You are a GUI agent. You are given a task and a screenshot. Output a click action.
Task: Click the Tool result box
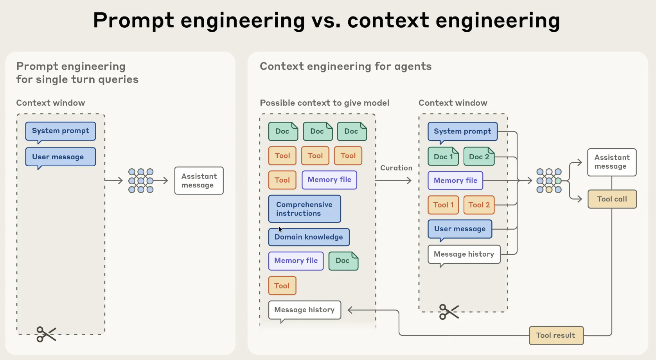tap(556, 335)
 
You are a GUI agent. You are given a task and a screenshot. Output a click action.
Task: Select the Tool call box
tap(612, 199)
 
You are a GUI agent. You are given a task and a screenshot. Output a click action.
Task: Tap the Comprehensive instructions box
tap(304, 209)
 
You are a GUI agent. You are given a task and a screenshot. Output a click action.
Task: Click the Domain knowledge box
tap(309, 237)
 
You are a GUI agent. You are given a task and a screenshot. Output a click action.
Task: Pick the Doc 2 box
tap(479, 157)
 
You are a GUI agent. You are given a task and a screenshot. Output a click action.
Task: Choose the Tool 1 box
tap(443, 205)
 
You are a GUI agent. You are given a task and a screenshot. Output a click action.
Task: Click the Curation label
tap(396, 168)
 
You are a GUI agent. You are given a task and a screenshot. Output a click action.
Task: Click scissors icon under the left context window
tap(46, 334)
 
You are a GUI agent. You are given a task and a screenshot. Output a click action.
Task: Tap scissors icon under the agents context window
tap(448, 312)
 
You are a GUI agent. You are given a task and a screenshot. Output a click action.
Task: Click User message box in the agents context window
tap(460, 229)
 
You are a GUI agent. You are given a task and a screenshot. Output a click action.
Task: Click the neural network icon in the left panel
tap(141, 180)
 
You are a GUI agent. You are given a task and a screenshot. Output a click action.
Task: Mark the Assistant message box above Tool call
tap(611, 162)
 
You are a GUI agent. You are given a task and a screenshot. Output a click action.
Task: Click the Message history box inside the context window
tap(464, 254)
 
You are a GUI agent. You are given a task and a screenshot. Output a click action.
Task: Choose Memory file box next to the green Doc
tap(296, 261)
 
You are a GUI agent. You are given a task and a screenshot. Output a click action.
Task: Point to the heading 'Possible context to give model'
tap(324, 103)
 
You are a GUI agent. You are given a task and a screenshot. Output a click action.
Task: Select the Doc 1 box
tap(443, 157)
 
